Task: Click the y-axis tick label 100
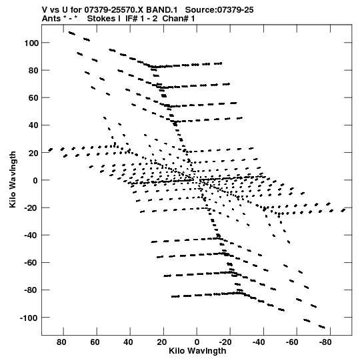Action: (31, 43)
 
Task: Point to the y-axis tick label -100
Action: (29, 318)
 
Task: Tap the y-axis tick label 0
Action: (35, 180)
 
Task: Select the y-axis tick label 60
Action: (33, 98)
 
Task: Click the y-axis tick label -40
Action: (31, 236)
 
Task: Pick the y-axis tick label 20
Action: (33, 153)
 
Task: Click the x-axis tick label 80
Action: (61, 342)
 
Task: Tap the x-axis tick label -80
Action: (325, 342)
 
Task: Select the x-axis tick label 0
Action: (197, 342)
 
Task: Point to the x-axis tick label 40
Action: (128, 342)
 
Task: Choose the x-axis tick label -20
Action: (225, 342)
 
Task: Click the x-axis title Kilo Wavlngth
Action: (197, 351)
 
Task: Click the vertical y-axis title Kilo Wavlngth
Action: (13, 179)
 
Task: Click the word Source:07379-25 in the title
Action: (219, 10)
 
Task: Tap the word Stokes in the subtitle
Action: (101, 19)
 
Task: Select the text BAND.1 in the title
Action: (162, 10)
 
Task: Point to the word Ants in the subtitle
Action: (51, 19)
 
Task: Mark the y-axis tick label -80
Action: (31, 290)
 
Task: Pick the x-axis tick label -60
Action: (292, 342)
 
